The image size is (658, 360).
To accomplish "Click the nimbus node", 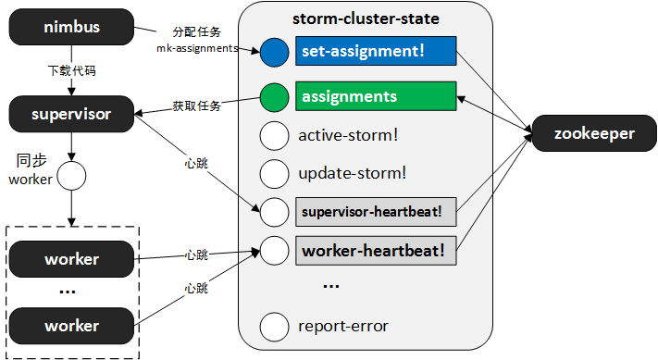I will click(x=71, y=28).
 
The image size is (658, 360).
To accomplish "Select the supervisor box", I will click(x=71, y=115).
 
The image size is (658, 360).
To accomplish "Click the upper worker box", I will click(x=71, y=258).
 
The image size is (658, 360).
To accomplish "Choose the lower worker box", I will click(x=71, y=326).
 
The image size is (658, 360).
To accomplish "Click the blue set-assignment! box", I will click(x=376, y=52).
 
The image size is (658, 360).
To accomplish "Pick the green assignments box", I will click(x=376, y=96).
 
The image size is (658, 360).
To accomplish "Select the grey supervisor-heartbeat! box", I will click(x=376, y=211).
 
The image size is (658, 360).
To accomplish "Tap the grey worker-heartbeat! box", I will click(x=376, y=250).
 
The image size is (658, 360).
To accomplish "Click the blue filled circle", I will click(x=275, y=53).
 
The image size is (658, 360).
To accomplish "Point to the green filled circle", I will click(x=275, y=97).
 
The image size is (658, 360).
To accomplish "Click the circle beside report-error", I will click(x=275, y=326).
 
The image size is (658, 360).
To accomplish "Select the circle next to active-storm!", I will click(x=275, y=135).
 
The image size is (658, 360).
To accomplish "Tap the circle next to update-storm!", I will click(x=275, y=173).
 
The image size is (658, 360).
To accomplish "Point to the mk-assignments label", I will click(x=197, y=47).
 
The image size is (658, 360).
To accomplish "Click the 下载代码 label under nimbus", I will click(x=71, y=70).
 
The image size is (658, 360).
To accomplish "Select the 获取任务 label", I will click(x=197, y=106).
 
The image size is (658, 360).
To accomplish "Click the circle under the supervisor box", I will click(x=71, y=174).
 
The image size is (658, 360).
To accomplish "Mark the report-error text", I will click(x=343, y=326).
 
